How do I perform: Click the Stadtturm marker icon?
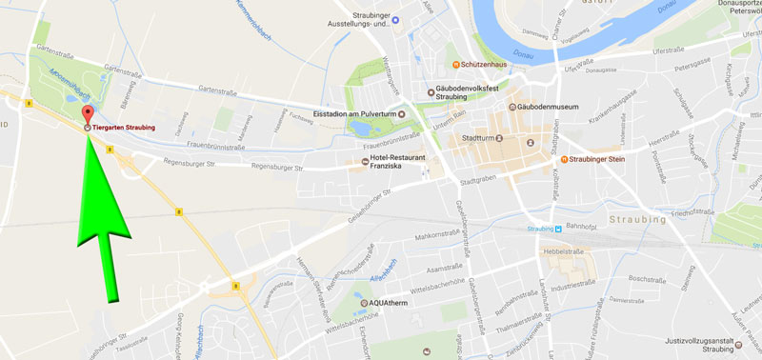524,141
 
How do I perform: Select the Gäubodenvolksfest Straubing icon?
431,91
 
